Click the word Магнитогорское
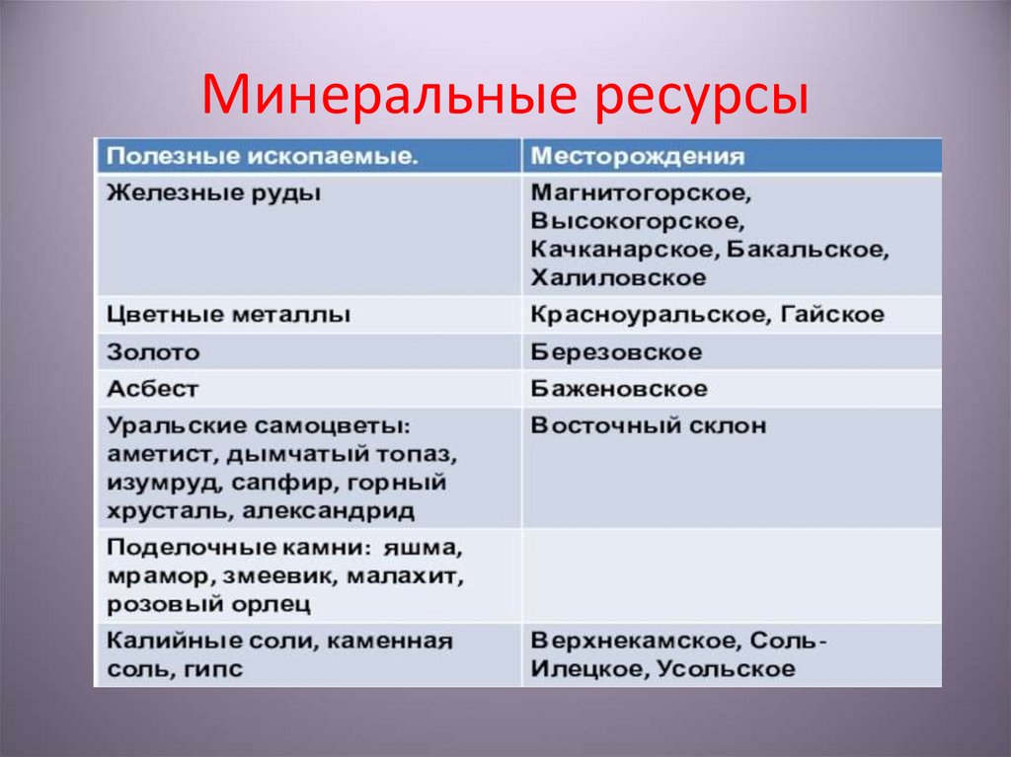click(x=641, y=191)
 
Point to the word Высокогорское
click(x=636, y=220)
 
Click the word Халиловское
click(x=618, y=277)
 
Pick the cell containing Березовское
click(x=616, y=351)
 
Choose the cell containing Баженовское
click(x=619, y=389)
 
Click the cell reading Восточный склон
click(x=648, y=426)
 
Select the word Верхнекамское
click(x=634, y=640)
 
